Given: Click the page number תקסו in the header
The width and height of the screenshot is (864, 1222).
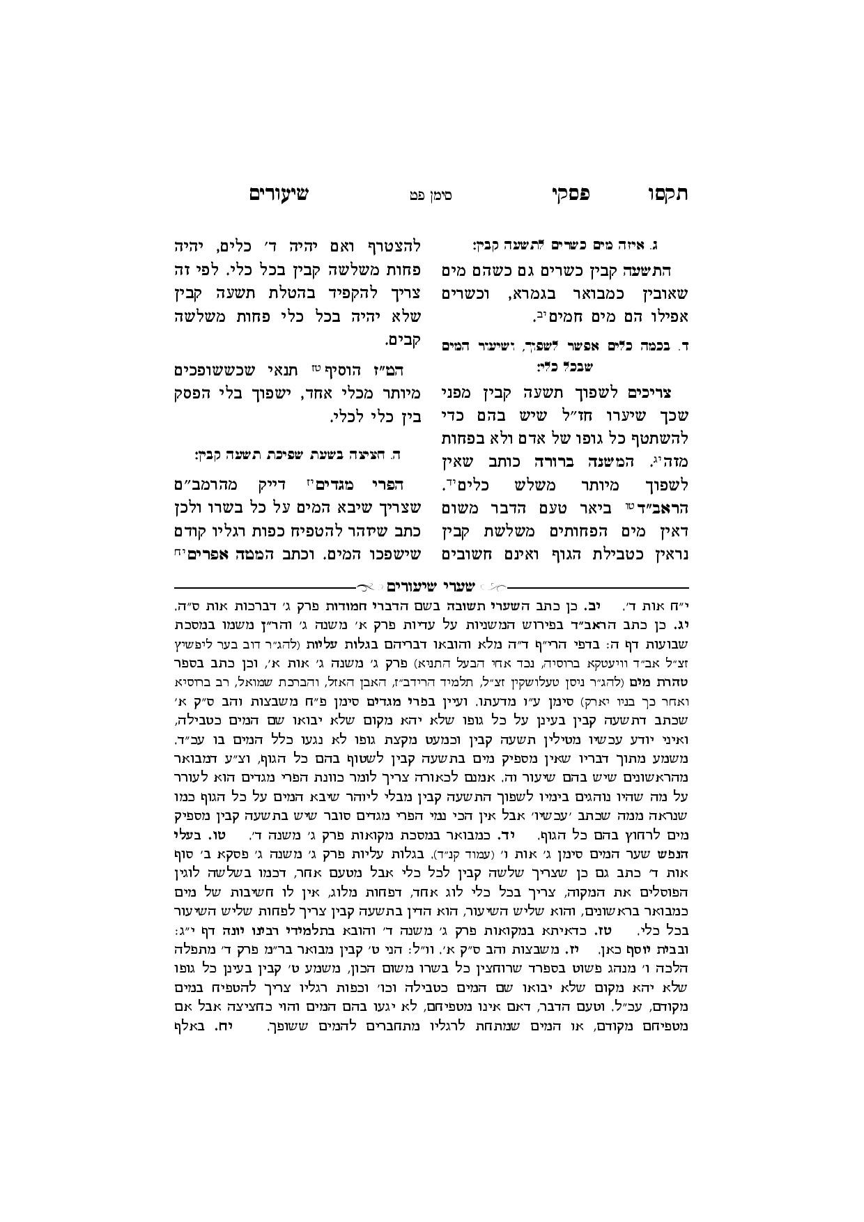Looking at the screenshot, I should [x=668, y=194].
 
